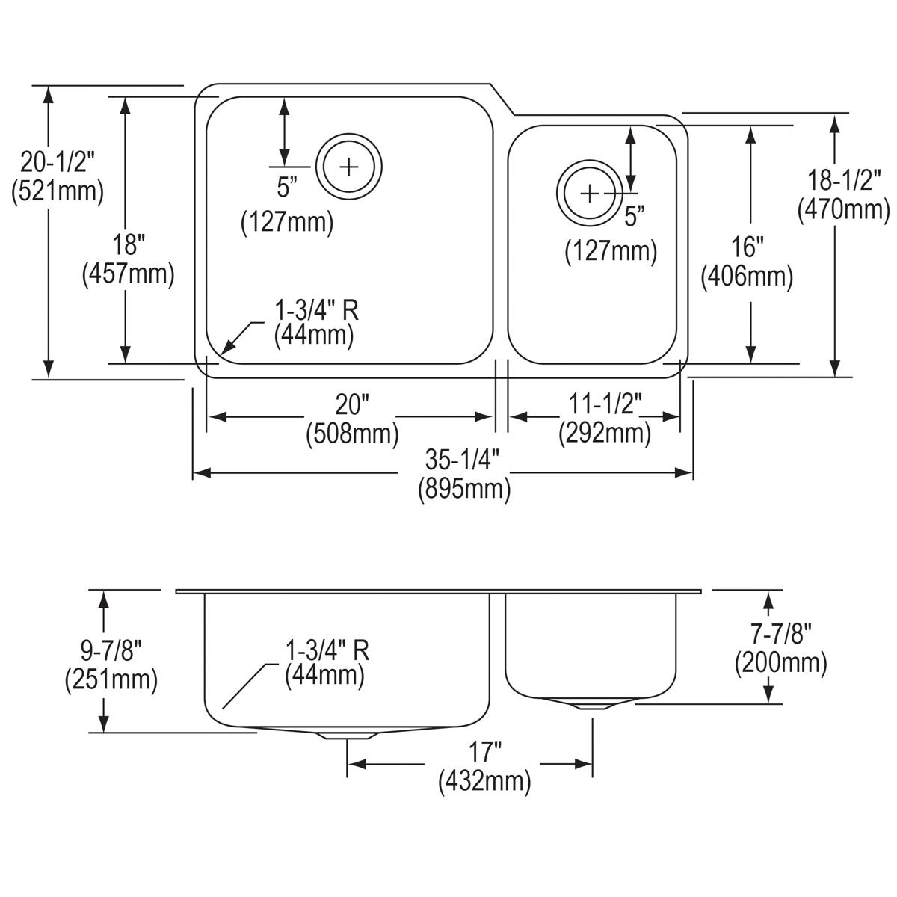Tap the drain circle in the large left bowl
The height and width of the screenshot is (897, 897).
(349, 167)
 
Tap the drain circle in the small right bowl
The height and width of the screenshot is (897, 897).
(590, 194)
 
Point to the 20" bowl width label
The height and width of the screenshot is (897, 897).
(352, 405)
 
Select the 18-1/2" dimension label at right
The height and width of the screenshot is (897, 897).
(843, 180)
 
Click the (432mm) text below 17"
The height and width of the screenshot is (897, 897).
(485, 782)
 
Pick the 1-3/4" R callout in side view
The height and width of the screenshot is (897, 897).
(327, 650)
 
